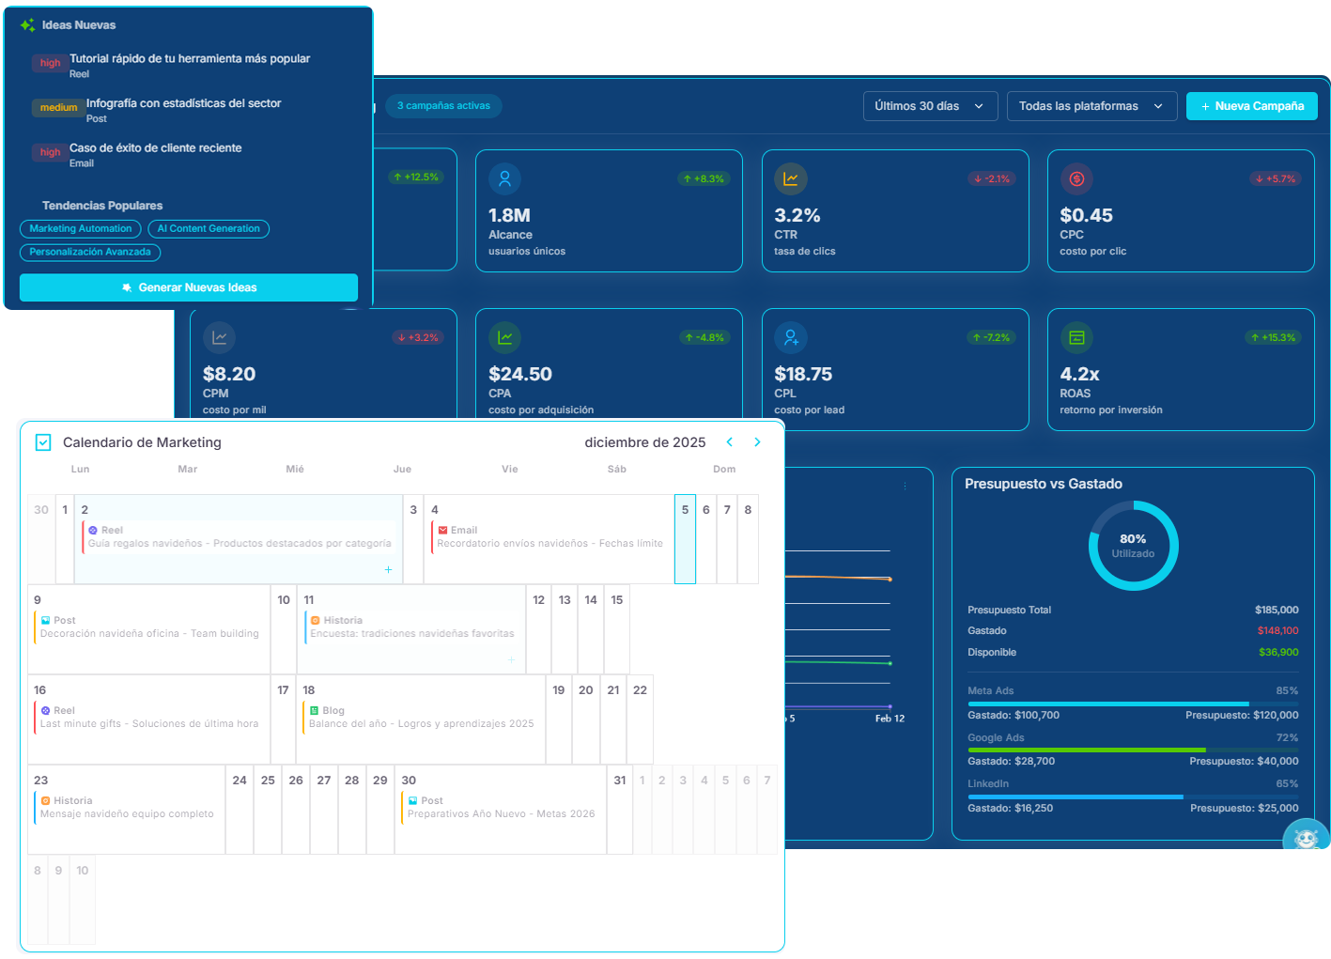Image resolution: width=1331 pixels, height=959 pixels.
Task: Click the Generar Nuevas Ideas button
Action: coord(189,287)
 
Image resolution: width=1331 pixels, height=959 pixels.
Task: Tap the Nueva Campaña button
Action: coord(1251,106)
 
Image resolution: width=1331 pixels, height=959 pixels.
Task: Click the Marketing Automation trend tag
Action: coord(81,229)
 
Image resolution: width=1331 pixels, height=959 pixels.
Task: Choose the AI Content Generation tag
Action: coord(209,229)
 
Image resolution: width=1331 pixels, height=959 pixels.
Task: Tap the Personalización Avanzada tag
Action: coord(90,253)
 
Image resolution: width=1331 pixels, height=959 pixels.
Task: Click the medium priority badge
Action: coord(58,108)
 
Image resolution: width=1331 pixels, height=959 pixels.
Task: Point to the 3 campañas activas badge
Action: coord(443,106)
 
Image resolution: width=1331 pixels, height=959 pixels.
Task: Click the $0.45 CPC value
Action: coord(1086,216)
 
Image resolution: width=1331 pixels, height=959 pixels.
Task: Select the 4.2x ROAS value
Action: coord(1079,375)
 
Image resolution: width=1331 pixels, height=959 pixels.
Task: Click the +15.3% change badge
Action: coord(1273,338)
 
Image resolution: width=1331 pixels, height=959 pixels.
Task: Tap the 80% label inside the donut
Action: coord(1133,539)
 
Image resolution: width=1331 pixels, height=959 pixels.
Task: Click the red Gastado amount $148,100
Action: coord(1277,631)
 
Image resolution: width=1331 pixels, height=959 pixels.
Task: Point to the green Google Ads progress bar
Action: coord(1086,750)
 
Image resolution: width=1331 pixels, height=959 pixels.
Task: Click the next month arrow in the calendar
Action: coord(757,442)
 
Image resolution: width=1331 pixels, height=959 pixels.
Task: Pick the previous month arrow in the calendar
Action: coord(729,442)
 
